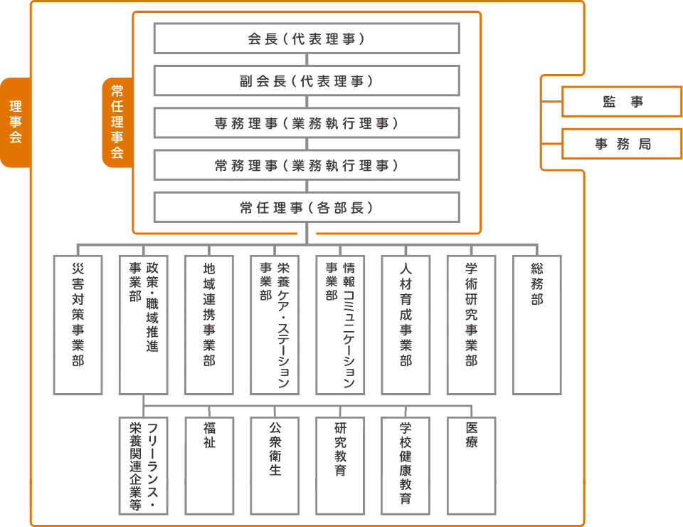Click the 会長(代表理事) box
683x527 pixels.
tap(306, 39)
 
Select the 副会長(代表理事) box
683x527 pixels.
tap(306, 81)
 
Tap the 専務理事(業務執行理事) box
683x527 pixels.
tap(306, 123)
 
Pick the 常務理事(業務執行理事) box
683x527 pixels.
tap(306, 165)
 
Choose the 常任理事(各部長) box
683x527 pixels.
tap(306, 207)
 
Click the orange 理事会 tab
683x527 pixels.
tap(15, 122)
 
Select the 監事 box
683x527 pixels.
tap(622, 102)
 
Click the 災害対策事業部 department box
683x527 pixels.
tap(78, 325)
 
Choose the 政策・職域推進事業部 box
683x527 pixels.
tap(144, 325)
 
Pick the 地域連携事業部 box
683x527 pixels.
tap(209, 325)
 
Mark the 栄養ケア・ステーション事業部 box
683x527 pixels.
tap(275, 325)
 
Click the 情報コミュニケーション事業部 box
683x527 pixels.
tap(340, 325)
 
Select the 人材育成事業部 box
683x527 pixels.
tap(406, 325)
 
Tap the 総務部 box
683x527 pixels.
tap(536, 325)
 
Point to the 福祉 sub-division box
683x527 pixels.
tap(209, 466)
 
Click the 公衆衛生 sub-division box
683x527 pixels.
tap(275, 466)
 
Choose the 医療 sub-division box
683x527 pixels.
tap(471, 466)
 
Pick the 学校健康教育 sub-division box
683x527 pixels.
tap(406, 466)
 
